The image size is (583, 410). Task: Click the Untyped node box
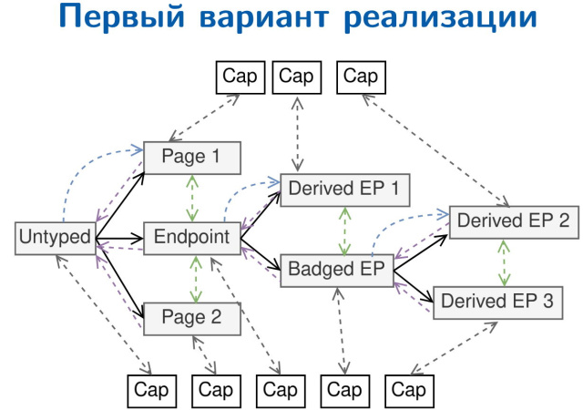[x=55, y=238]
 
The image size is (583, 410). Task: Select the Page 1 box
[x=190, y=157]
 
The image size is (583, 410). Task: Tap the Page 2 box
[x=190, y=319]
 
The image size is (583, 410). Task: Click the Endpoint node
[x=191, y=238]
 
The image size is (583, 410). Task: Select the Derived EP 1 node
[x=345, y=189]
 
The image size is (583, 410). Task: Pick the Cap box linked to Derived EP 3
[x=409, y=391]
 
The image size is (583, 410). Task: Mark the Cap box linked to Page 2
[x=216, y=391]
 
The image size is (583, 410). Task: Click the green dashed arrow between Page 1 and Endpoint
[x=192, y=197]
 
